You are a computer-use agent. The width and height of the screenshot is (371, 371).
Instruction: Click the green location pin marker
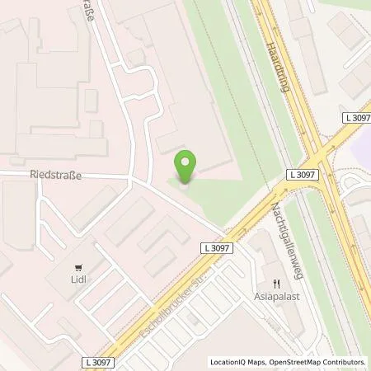(x=187, y=167)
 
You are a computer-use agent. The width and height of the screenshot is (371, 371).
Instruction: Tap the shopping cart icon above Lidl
(x=78, y=267)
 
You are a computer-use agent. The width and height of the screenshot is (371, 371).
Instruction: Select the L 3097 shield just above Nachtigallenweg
(x=303, y=174)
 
